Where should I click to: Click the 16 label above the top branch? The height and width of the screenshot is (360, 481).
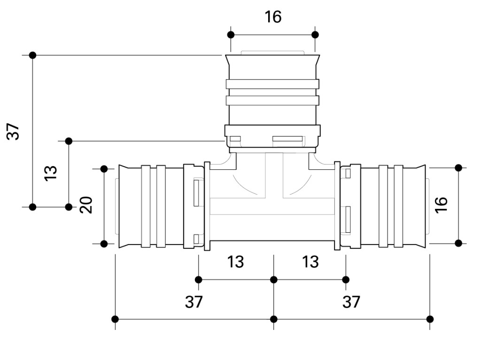(x=273, y=17)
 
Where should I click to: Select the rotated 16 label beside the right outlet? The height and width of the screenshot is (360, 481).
(x=441, y=205)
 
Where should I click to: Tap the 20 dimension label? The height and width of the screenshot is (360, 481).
(x=86, y=205)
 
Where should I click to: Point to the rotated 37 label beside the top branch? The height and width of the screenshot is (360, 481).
(x=14, y=131)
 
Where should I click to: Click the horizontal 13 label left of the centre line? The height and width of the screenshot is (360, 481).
(x=235, y=262)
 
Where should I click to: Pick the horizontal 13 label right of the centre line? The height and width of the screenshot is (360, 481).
(x=310, y=262)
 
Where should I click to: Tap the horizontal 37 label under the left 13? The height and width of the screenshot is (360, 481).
(x=194, y=302)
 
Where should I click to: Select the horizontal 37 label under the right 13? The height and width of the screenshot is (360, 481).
(x=351, y=302)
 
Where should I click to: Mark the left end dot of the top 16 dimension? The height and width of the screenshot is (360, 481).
(x=231, y=35)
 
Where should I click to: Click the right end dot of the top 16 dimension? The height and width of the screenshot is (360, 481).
(x=315, y=35)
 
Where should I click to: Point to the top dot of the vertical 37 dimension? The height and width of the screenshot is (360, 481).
(x=32, y=55)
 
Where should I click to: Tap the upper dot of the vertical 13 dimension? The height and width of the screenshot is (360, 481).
(x=69, y=141)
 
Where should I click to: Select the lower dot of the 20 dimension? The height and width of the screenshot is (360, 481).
(x=104, y=244)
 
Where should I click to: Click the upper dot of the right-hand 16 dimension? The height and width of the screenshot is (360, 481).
(x=458, y=168)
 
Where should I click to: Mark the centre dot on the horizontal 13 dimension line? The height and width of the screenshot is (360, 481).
(x=274, y=280)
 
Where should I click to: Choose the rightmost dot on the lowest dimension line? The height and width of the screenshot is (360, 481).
(x=430, y=319)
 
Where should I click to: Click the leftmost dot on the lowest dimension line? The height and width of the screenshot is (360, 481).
(x=116, y=319)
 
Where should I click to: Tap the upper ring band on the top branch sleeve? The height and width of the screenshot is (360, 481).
(x=272, y=84)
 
